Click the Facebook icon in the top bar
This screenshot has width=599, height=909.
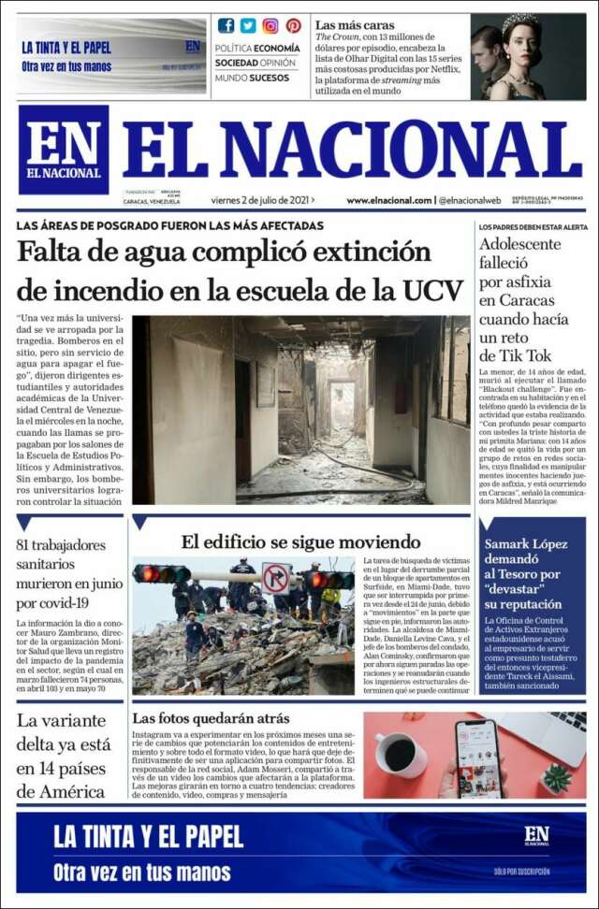click(226, 25)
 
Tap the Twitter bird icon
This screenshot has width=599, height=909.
click(248, 25)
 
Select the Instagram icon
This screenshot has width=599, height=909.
click(270, 25)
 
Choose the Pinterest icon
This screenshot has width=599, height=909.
click(293, 25)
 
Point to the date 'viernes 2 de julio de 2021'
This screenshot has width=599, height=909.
click(260, 199)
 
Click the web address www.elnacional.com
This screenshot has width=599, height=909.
click(388, 200)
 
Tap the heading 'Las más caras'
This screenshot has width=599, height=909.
click(355, 25)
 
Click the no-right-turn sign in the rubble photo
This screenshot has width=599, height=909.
click(275, 578)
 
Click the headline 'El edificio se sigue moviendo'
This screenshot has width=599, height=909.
click(300, 541)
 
